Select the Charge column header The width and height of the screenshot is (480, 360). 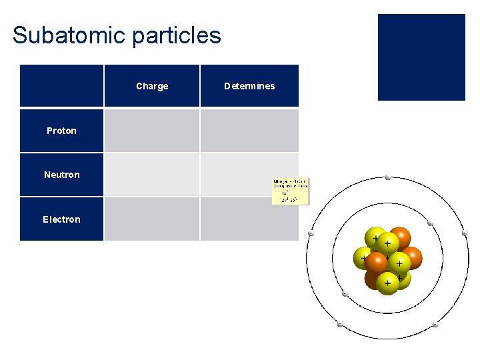point(152,86)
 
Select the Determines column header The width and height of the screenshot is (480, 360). point(249,86)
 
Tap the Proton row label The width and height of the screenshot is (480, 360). point(61,131)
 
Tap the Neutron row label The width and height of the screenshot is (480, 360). point(61,175)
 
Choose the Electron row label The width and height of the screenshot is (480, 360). point(61,219)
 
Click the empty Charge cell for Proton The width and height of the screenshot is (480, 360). point(152,131)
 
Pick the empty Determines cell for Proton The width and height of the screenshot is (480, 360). point(249,131)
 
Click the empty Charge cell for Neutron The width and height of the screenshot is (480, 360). point(152,175)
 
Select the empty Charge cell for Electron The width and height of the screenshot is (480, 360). point(152,219)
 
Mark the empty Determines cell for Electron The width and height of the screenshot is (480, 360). point(249,219)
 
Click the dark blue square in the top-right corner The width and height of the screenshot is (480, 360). point(421,57)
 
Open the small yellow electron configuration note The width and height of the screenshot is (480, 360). point(291,191)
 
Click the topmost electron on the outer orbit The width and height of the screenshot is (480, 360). point(387,178)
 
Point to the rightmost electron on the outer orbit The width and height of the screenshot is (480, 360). point(465,233)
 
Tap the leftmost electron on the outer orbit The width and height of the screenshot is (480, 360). point(310,233)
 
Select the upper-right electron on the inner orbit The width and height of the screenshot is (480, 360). point(430,223)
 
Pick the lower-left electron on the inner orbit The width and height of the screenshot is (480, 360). point(345,294)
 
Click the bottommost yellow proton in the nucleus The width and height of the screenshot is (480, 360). point(387,283)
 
